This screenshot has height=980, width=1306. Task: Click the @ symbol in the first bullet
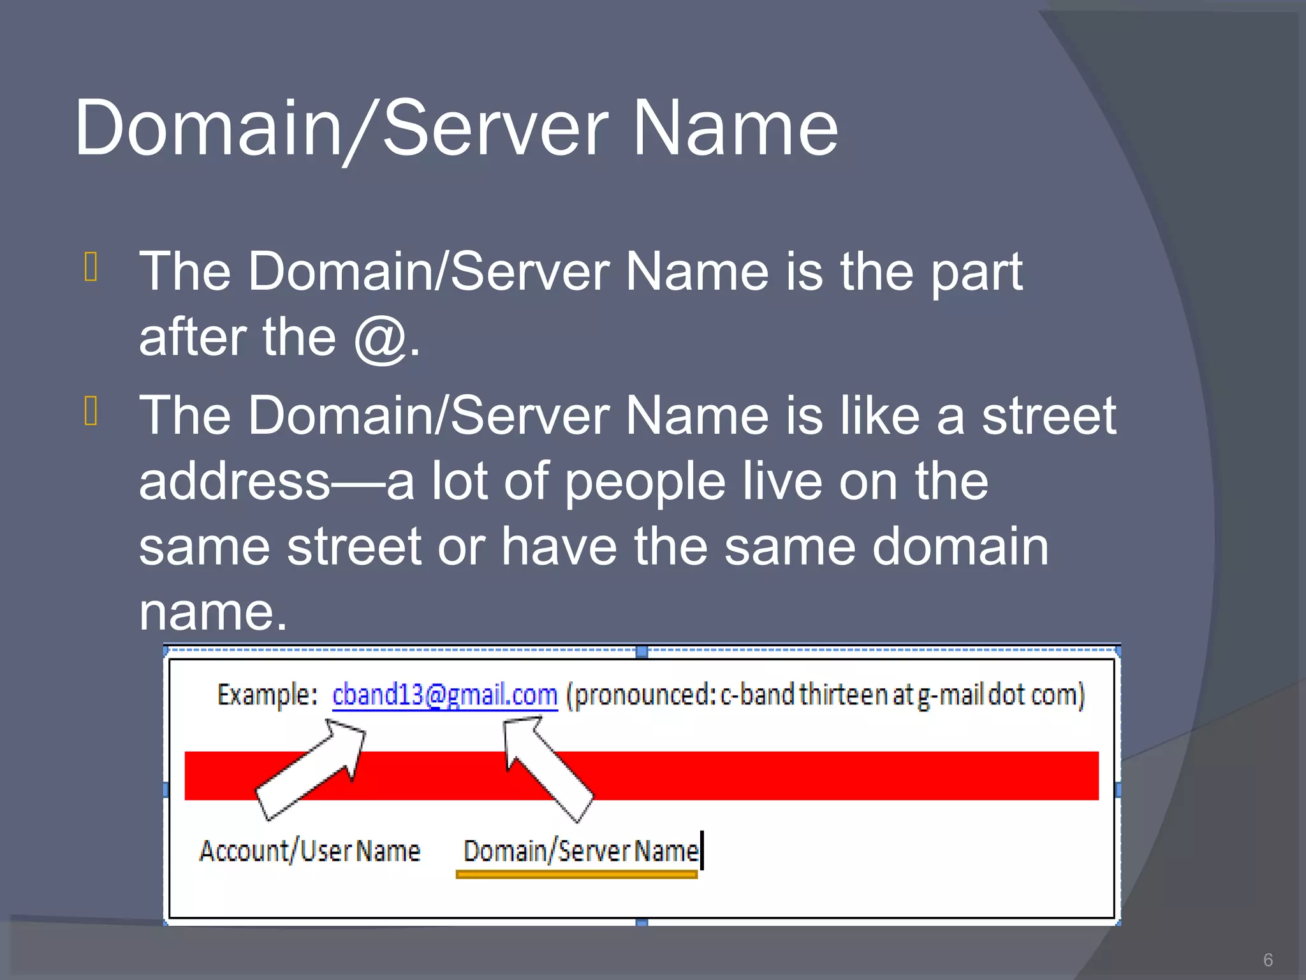[x=381, y=338]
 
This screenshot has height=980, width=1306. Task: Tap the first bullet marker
[x=91, y=267]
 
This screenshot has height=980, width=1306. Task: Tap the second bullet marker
[x=91, y=410]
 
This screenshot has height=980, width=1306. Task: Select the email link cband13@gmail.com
[x=444, y=695]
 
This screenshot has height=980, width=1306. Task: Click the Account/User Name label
[x=310, y=851]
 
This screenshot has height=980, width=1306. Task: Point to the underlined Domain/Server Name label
[x=580, y=851]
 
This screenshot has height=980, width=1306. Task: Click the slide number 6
[x=1268, y=960]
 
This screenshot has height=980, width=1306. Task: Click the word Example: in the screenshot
[x=267, y=695]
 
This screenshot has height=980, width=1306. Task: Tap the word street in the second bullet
[x=1049, y=416]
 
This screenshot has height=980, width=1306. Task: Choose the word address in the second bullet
[x=235, y=481]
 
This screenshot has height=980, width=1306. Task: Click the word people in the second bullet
[x=645, y=482]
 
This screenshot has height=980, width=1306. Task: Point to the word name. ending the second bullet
[x=213, y=612]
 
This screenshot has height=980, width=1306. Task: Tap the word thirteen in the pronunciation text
[x=844, y=695]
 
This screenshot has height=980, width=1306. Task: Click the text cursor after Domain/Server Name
[x=702, y=850]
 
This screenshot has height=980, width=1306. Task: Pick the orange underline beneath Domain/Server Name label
[x=576, y=875]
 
